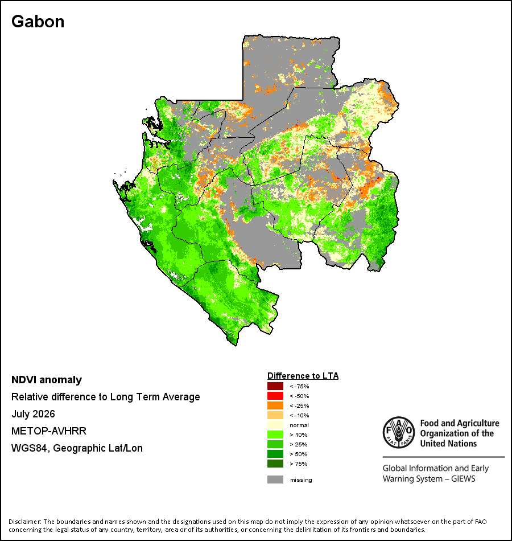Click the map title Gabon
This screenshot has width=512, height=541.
(38, 22)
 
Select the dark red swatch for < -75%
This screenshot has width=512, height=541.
(275, 386)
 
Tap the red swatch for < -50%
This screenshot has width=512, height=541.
(275, 396)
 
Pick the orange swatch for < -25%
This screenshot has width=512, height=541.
(275, 405)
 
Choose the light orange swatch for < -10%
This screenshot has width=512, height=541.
(275, 415)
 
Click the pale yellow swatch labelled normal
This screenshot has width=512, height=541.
(275, 425)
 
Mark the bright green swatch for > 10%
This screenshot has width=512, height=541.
(275, 435)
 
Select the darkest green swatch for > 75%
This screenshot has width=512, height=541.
(275, 464)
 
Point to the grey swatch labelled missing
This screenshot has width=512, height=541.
(275, 479)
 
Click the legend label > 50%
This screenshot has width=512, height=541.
(299, 454)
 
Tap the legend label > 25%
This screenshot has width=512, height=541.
(299, 444)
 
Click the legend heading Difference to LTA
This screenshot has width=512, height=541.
(303, 376)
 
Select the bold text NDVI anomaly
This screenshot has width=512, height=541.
(47, 380)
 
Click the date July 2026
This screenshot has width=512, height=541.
(33, 413)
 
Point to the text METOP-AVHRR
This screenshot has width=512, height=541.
(49, 431)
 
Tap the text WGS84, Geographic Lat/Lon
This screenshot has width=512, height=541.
(77, 448)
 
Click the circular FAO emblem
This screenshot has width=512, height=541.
(399, 432)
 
